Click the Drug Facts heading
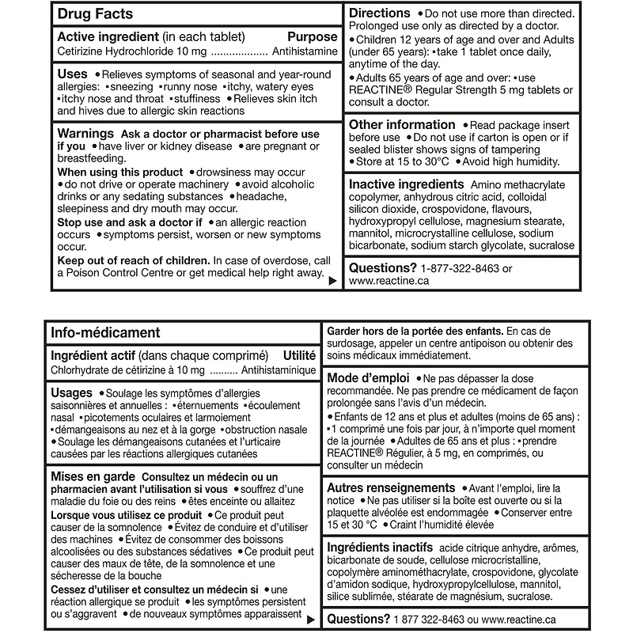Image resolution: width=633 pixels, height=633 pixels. [x=95, y=13]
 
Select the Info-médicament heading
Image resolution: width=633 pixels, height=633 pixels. [x=105, y=333]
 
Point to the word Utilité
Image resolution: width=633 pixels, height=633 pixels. [x=299, y=356]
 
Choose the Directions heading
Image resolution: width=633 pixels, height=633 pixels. [x=380, y=13]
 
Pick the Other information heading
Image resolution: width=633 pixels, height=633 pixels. [x=402, y=124]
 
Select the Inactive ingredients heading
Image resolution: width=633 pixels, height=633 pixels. [x=407, y=184]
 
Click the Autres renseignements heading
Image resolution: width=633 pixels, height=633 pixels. [x=391, y=488]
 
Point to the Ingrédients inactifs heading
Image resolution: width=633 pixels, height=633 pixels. [x=380, y=548]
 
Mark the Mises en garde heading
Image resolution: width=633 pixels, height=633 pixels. [x=92, y=477]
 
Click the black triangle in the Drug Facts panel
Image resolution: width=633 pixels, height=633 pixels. [x=332, y=280]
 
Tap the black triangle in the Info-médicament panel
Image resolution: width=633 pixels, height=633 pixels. [x=313, y=620]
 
